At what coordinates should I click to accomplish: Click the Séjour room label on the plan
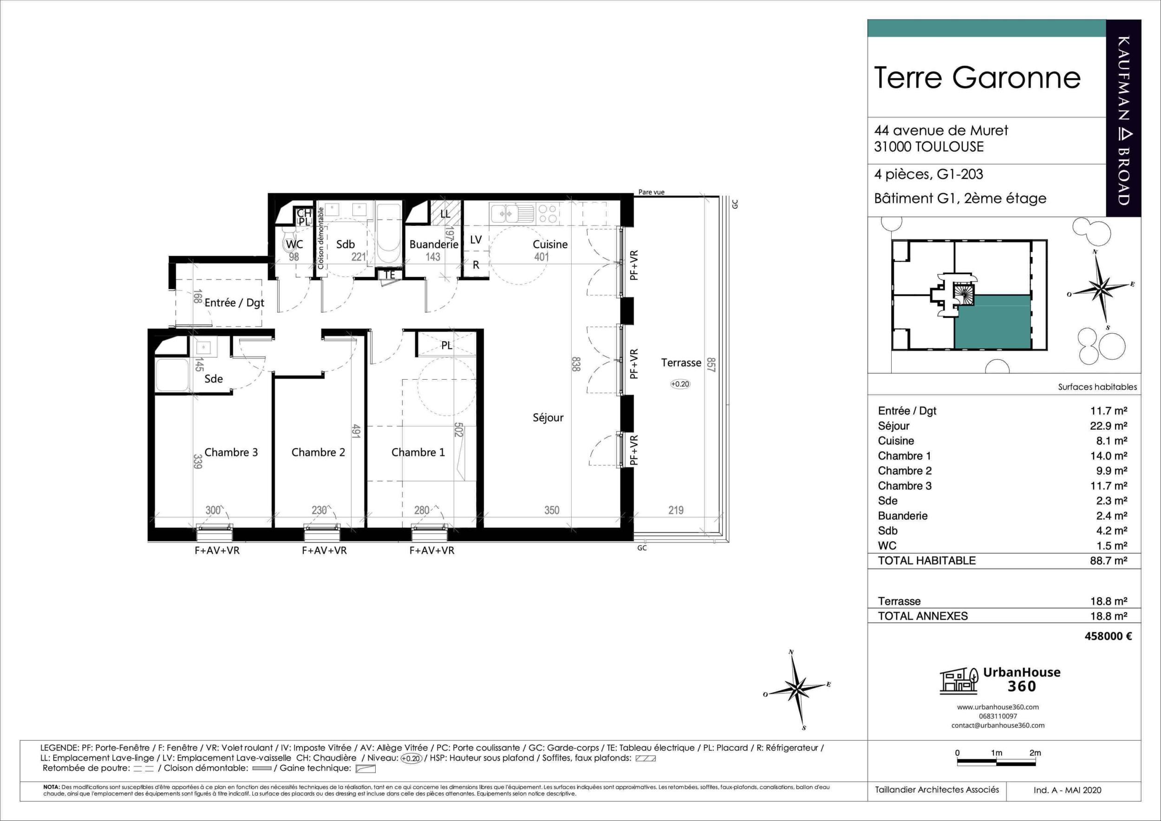coord(548,417)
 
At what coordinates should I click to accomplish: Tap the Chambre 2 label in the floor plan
coord(318,452)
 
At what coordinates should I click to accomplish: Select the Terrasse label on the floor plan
coord(681,363)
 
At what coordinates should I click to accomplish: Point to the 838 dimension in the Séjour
coord(575,364)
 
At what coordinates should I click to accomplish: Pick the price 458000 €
coord(1108,636)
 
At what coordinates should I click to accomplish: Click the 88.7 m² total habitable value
coord(1109,560)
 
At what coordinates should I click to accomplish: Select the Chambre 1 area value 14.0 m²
coord(1109,456)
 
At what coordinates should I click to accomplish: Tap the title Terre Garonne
coord(977,78)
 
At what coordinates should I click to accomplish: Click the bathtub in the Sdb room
coord(388,234)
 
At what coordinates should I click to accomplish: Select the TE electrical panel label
coord(389,275)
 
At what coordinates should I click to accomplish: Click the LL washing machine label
coord(445,214)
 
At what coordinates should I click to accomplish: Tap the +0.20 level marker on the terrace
coord(680,384)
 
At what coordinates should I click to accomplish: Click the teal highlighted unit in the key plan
coord(992,322)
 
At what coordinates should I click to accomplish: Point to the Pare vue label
coord(651,192)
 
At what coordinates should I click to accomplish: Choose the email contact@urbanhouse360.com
coord(998,725)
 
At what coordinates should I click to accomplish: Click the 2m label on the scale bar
coord(1035,753)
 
